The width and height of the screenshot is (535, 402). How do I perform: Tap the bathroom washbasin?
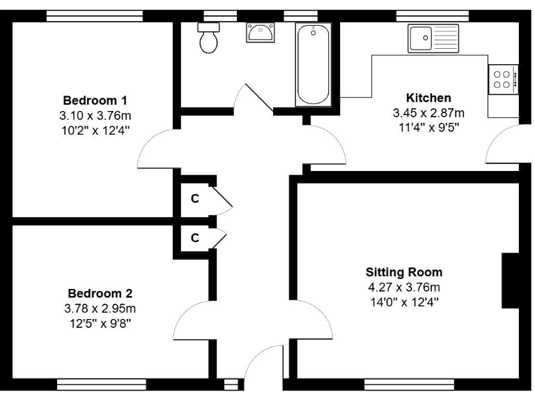tap(261, 32)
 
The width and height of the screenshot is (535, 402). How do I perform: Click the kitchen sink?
tap(433, 38)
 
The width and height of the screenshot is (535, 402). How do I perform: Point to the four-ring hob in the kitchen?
tap(503, 78)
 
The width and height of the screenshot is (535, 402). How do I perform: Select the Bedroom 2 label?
tap(100, 293)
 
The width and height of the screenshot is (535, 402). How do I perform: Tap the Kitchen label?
tap(428, 98)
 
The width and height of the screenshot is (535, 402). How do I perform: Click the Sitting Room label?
tap(404, 272)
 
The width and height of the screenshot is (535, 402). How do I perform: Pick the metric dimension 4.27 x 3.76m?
tap(404, 287)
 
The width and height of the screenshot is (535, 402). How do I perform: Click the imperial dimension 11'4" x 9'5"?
tap(428, 127)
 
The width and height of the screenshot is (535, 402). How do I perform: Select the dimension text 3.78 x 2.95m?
tap(100, 308)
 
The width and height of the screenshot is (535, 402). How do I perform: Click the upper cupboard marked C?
tap(195, 199)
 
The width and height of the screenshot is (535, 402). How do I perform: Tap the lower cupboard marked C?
tap(195, 238)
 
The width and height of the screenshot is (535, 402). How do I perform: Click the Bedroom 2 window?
tap(102, 385)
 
